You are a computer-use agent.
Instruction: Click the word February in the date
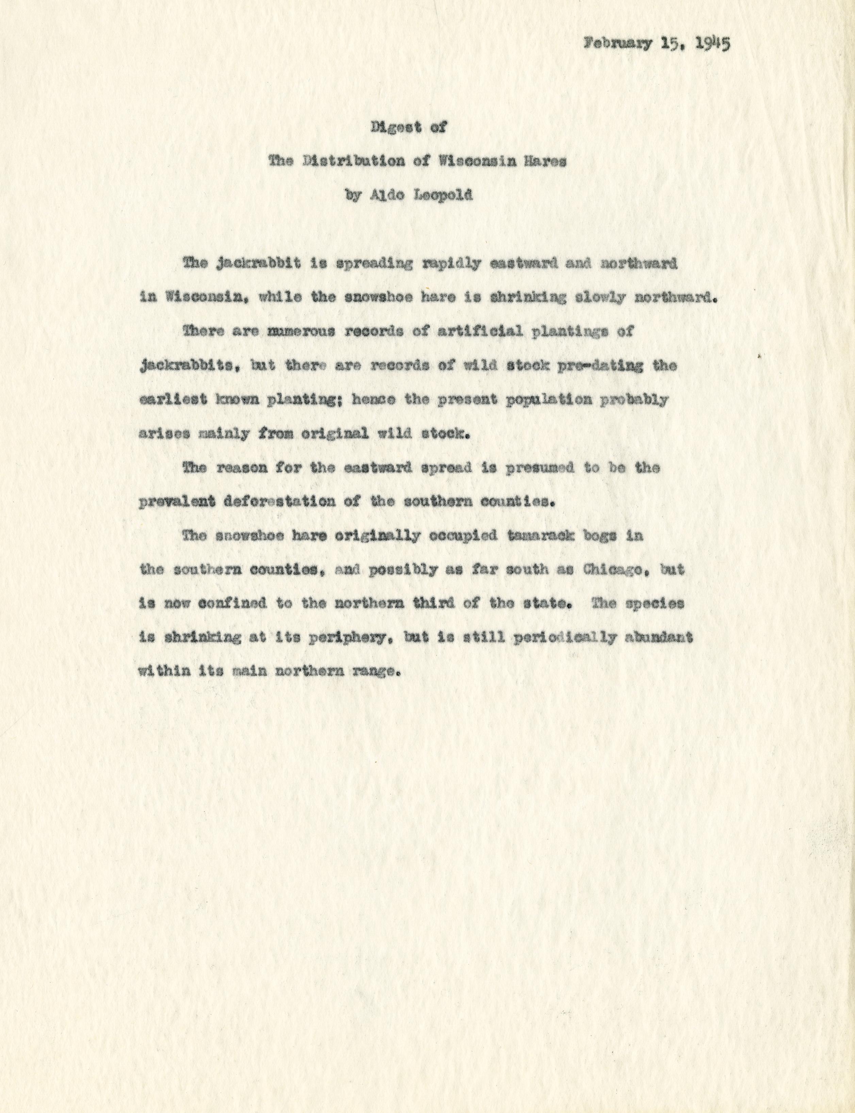(x=617, y=44)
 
